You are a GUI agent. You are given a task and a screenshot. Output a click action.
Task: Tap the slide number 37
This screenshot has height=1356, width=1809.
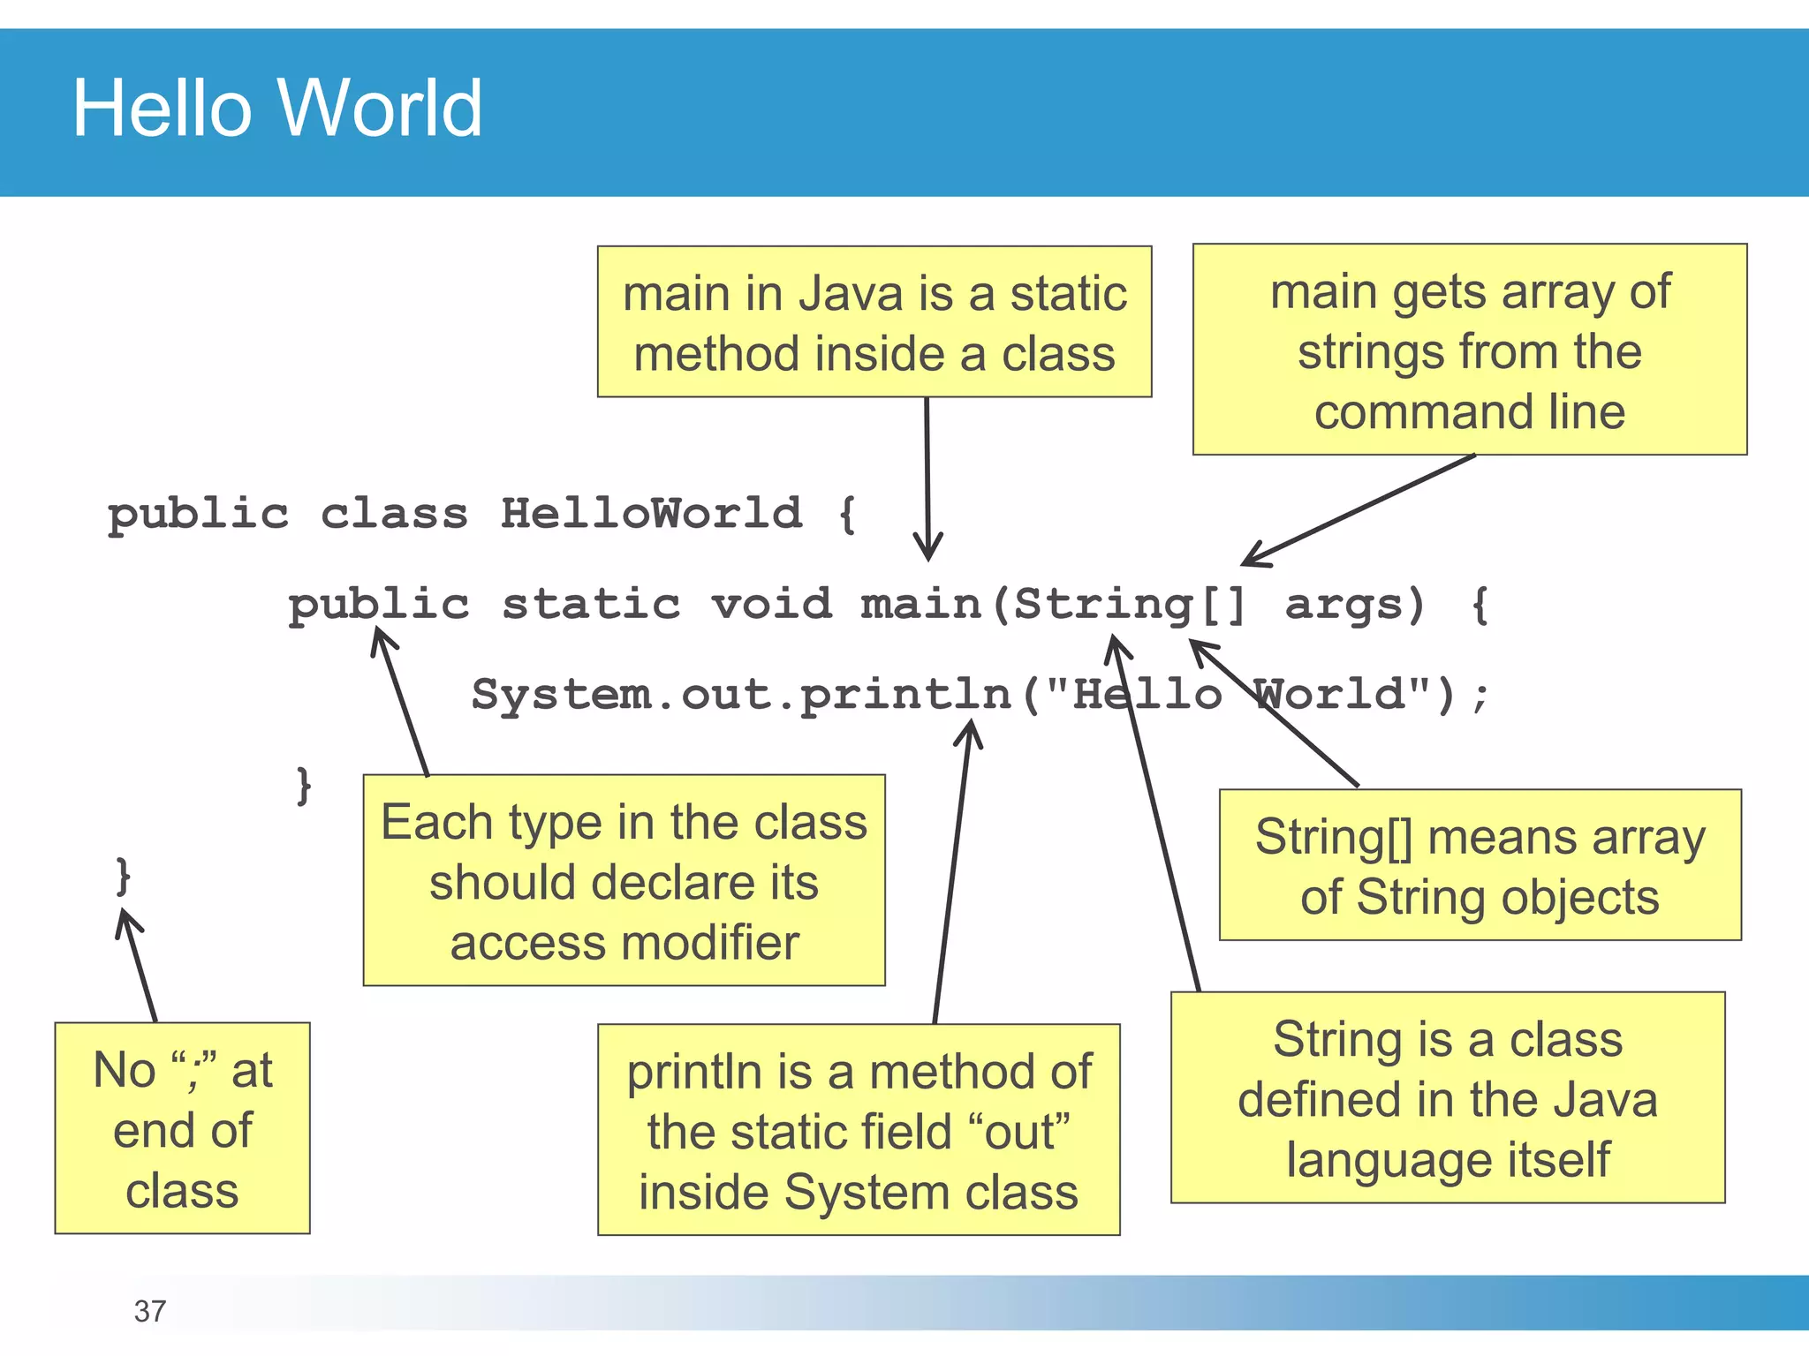pos(150,1311)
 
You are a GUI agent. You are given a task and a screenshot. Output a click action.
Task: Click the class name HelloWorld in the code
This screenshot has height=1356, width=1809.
pos(652,513)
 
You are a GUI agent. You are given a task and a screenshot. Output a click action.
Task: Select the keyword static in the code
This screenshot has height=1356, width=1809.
pos(591,604)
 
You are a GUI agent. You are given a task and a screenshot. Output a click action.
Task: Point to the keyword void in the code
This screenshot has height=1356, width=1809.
pos(772,604)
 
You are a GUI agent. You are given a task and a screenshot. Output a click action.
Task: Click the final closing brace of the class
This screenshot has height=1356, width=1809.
pos(124,876)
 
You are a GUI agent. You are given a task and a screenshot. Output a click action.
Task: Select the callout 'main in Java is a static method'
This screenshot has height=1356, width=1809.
pos(874,322)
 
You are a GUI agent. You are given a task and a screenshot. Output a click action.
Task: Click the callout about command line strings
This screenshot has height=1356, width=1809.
pos(1470,350)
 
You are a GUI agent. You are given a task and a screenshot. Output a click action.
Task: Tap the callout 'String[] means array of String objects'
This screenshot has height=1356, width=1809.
pos(1480,866)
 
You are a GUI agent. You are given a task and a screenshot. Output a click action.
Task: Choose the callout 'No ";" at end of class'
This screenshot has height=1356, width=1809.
pos(183,1128)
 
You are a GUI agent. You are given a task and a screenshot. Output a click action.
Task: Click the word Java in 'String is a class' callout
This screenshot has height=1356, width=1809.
pos(1605,1100)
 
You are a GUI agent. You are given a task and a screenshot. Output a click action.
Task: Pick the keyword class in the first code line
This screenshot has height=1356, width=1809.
pos(394,513)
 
